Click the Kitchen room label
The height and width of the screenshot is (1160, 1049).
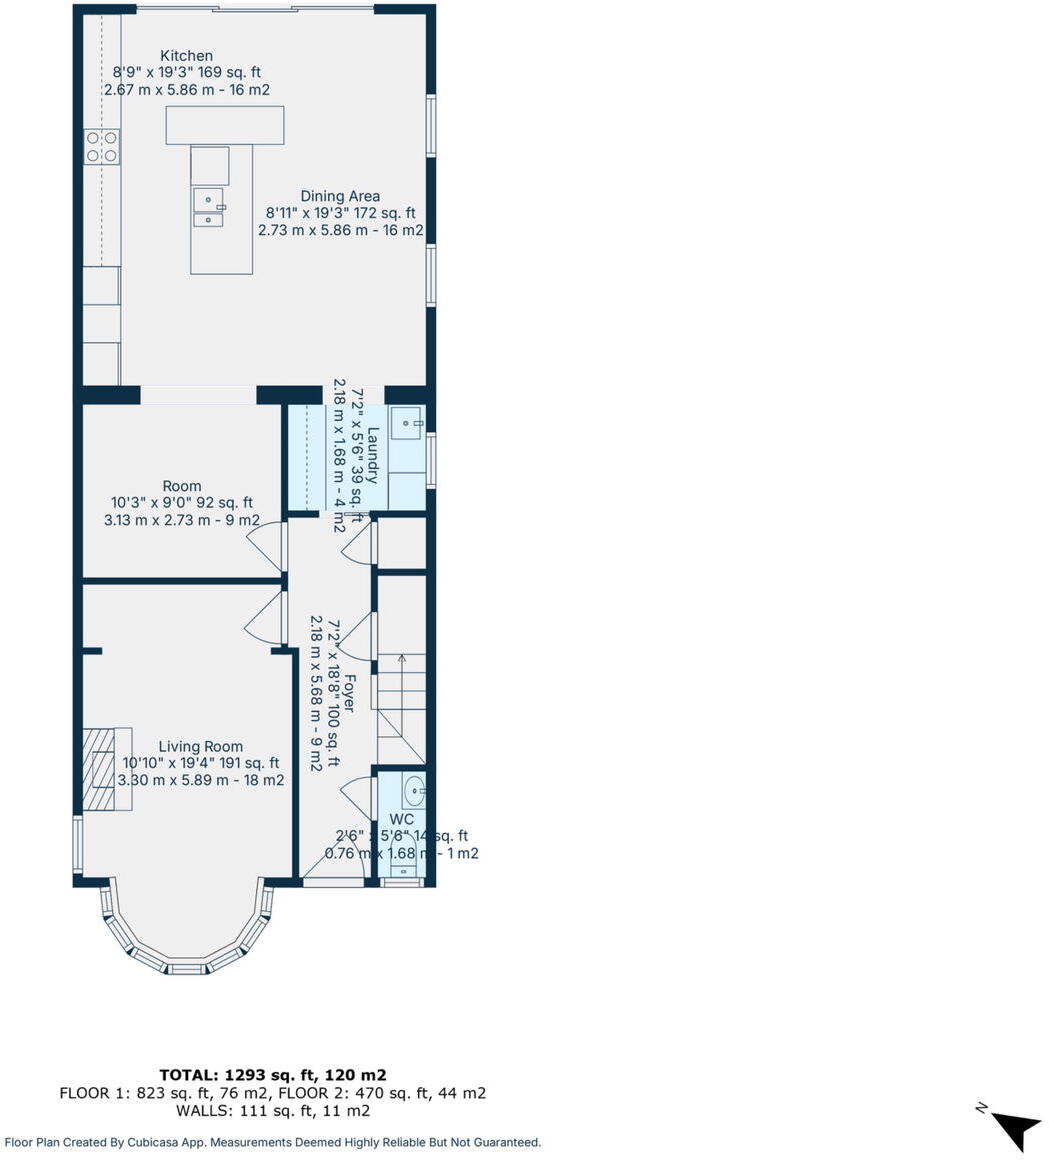pos(187,56)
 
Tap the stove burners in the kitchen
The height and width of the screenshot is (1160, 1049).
pos(101,147)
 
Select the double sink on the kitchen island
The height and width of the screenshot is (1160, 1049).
pos(209,208)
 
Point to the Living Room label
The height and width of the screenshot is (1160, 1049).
pos(200,747)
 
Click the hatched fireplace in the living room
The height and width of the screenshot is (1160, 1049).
pos(99,769)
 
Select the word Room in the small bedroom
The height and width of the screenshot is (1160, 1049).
pos(182,486)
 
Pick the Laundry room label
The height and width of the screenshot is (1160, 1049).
pos(372,455)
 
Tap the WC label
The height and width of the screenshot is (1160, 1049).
pos(402,819)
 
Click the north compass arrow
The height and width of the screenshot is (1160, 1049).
pos(1016,1128)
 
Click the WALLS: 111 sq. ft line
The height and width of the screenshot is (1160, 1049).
pos(273,1110)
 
